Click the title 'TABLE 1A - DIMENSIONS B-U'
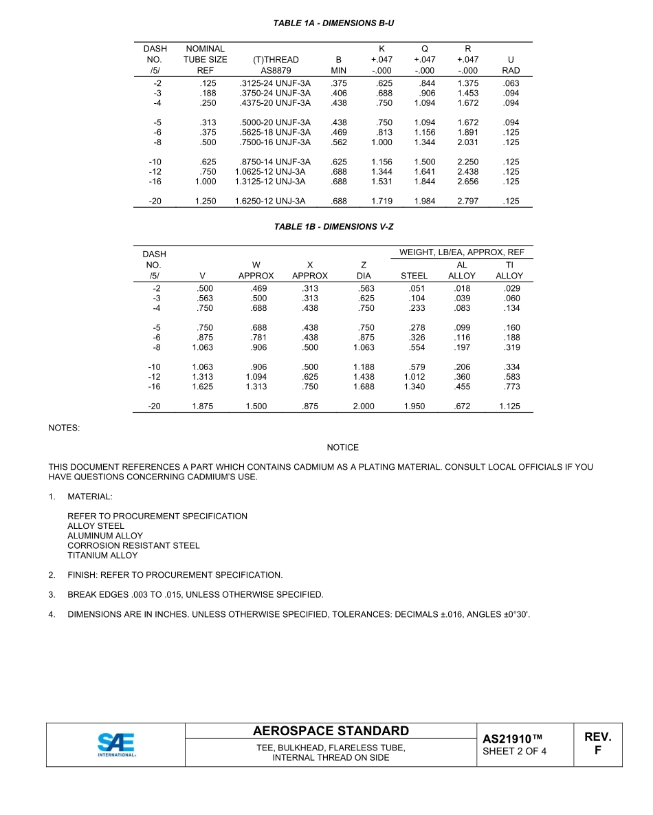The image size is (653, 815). [x=333, y=23]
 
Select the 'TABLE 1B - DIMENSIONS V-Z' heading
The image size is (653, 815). [x=333, y=226]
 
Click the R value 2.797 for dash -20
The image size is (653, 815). [x=467, y=202]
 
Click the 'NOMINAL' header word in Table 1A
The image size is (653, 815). [x=205, y=49]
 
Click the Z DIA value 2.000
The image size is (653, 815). [x=364, y=406]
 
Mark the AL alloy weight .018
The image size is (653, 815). [x=463, y=288]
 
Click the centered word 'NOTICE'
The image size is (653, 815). [x=342, y=448]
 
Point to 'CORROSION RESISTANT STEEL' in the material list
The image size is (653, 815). [x=133, y=545]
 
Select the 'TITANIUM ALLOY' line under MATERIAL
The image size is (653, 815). [x=102, y=556]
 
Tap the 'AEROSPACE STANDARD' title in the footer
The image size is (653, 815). [x=331, y=731]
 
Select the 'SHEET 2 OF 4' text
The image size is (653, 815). [x=515, y=751]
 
